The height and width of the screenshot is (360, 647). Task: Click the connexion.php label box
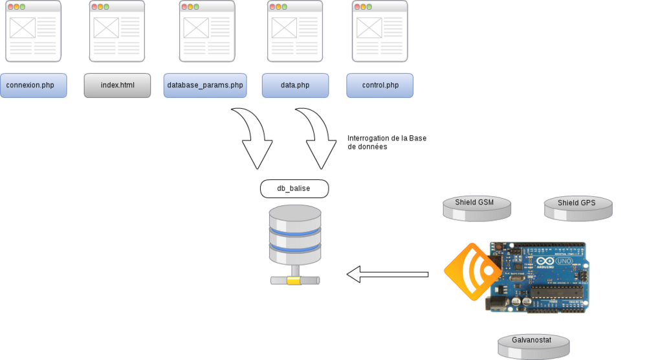pyautogui.click(x=34, y=85)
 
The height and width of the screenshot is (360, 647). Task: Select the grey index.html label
pyautogui.click(x=117, y=85)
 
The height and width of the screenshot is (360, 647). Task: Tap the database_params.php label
pyautogui.click(x=204, y=85)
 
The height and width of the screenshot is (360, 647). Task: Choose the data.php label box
pyautogui.click(x=295, y=85)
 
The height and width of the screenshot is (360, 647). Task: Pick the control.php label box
pyautogui.click(x=380, y=85)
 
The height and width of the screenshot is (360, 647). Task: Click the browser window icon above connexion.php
pyautogui.click(x=33, y=31)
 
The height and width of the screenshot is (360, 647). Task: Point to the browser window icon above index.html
pyautogui.click(x=116, y=31)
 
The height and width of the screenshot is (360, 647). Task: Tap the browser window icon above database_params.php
pyautogui.click(x=206, y=31)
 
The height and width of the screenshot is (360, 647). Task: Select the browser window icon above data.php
pyautogui.click(x=295, y=31)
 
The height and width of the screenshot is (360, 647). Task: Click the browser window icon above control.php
pyautogui.click(x=380, y=31)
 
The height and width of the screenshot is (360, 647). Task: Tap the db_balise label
pyautogui.click(x=294, y=188)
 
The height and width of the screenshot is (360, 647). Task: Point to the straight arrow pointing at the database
pyautogui.click(x=388, y=275)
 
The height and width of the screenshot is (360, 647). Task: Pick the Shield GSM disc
pyautogui.click(x=476, y=207)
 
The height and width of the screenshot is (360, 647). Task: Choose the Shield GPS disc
pyautogui.click(x=576, y=207)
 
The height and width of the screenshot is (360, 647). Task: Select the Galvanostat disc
pyautogui.click(x=533, y=345)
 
